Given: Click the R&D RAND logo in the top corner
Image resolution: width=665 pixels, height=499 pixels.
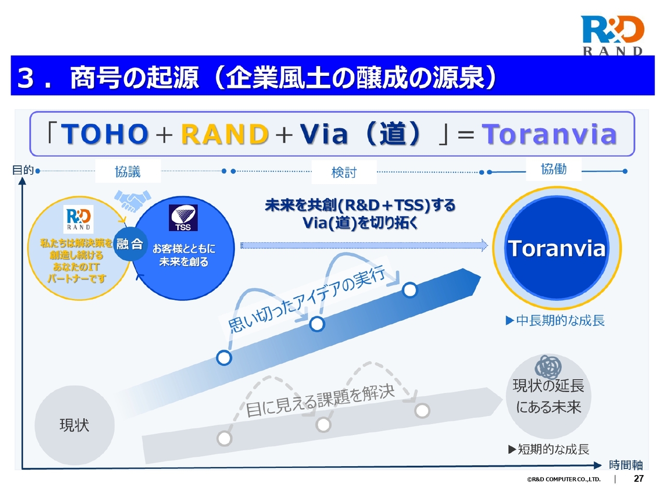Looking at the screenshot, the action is pos(611,35).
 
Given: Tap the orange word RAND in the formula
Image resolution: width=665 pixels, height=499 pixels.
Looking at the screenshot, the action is pos(225,134).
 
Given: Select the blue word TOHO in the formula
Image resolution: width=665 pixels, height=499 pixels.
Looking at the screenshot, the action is pos(105,134).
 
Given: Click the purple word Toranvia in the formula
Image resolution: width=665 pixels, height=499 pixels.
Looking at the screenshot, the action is pos(549,134).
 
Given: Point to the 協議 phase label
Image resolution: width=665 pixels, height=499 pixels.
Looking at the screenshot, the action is pos(128,172).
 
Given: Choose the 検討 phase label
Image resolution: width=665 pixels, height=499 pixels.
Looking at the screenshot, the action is pos(344,173).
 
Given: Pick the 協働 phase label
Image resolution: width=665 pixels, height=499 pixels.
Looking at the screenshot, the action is pos(553,169).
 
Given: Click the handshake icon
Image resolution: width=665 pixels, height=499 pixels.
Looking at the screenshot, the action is pos(132,200).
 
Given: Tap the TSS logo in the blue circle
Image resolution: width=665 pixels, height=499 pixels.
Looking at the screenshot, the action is pos(183,218).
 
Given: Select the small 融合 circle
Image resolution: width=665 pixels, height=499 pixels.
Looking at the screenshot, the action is pos(130,244).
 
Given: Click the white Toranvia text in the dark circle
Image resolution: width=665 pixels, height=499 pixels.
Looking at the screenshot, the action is pos(556,248).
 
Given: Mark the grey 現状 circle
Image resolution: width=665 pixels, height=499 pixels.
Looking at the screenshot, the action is pos(74,425).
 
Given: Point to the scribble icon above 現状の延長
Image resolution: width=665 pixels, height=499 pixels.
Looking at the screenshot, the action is pos(548,367).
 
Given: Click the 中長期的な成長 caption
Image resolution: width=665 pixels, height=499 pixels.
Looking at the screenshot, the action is pos(555,320).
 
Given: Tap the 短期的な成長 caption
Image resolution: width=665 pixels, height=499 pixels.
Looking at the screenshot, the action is pos(549,449).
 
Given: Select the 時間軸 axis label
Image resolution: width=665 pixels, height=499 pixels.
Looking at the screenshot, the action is pos(626,465).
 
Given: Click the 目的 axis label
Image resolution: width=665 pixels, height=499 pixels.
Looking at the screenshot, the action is pos(23,170).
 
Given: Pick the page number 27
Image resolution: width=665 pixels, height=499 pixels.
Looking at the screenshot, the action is pos(639,479).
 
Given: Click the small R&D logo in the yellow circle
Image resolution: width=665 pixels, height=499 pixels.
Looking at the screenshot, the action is pos(78,219).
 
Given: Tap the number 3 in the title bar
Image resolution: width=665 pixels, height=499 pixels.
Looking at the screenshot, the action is pos(25,78).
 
